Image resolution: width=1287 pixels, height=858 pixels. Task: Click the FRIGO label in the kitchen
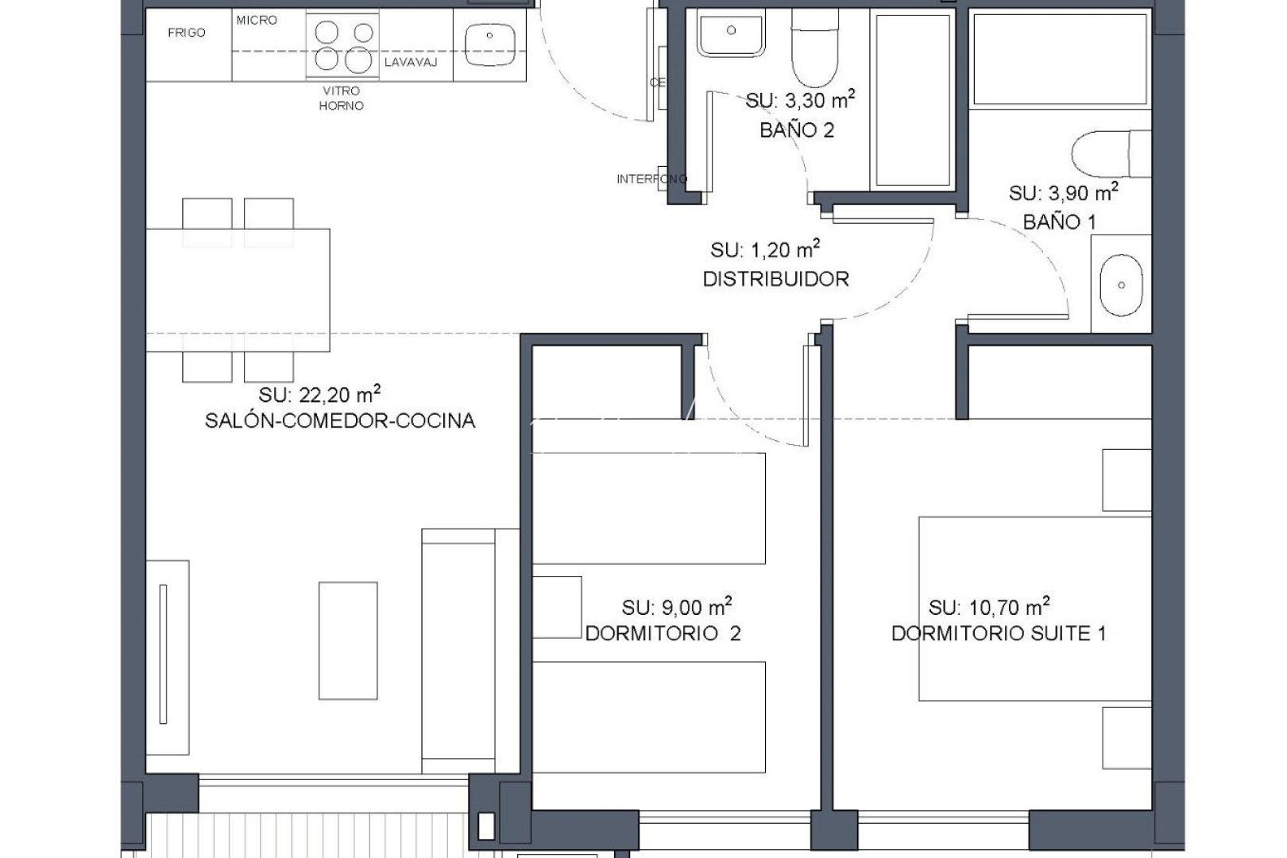pos(187,33)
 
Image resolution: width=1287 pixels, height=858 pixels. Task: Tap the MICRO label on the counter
pos(257,20)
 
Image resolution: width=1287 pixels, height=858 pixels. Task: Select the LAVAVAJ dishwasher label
pos(411,62)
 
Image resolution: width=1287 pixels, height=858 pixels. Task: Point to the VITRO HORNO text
pos(342,99)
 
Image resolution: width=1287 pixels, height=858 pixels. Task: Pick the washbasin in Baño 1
pos(1121,284)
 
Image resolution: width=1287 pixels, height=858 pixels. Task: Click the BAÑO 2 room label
pos(797,130)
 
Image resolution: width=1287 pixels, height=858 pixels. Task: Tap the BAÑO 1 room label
pos(1059,222)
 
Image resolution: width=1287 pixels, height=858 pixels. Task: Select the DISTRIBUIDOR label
pos(775,279)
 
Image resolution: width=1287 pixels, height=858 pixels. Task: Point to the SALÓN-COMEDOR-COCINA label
pos(340,421)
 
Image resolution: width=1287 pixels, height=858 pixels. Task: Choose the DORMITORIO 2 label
pos(663,633)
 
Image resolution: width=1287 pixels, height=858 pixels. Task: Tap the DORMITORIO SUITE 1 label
pos(999,633)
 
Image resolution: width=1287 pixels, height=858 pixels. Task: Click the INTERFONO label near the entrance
pos(651,179)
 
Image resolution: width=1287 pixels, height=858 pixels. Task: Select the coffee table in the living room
pos(348,640)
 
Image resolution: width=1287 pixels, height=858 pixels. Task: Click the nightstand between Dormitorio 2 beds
pos(557,607)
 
